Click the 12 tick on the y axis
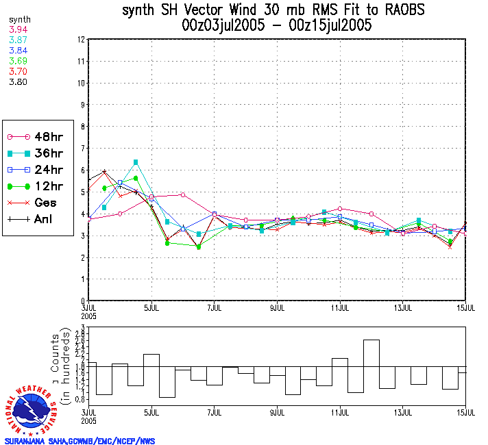[x=81, y=40]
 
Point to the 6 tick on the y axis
[x=82, y=170]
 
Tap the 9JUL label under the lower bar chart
[x=278, y=413]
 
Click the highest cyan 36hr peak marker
[x=136, y=162]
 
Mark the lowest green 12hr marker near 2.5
[x=199, y=246]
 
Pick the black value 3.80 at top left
[x=18, y=81]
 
